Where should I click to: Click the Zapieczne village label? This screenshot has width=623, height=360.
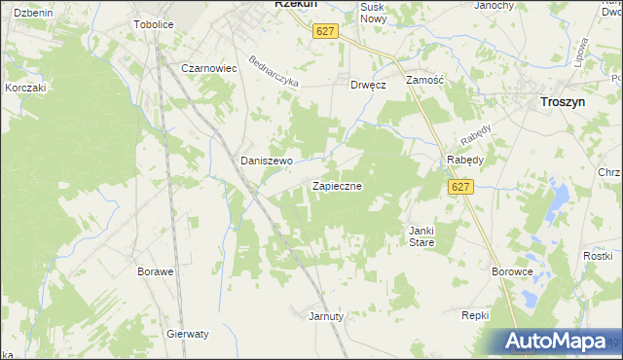pyautogui.click(x=338, y=185)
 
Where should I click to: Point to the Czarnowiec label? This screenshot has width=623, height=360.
pyautogui.click(x=210, y=68)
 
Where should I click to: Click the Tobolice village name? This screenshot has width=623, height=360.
pyautogui.click(x=154, y=23)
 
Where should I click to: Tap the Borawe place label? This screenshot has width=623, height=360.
pyautogui.click(x=156, y=271)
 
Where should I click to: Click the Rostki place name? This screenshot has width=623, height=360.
pyautogui.click(x=597, y=255)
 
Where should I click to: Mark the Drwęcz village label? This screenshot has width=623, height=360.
pyautogui.click(x=369, y=85)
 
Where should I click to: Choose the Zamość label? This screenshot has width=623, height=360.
pyautogui.click(x=424, y=81)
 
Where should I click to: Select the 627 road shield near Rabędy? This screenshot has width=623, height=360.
pyautogui.click(x=461, y=188)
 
